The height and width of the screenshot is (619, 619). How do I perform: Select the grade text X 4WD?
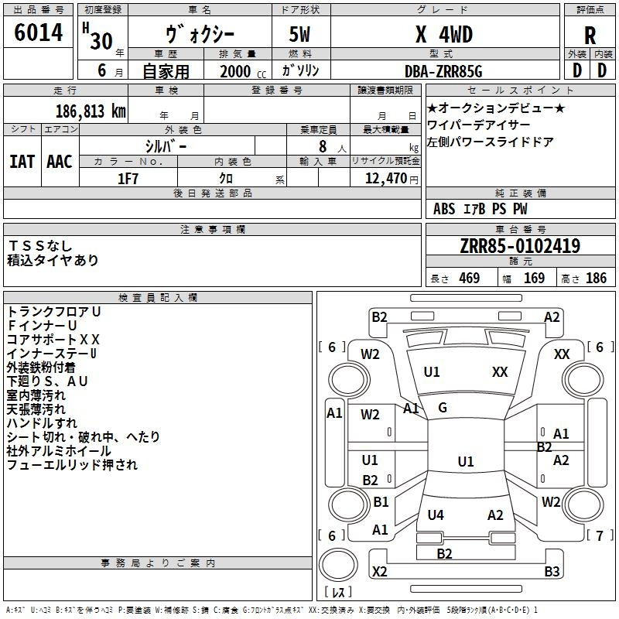click(x=443, y=34)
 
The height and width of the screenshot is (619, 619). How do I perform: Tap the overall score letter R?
click(x=590, y=36)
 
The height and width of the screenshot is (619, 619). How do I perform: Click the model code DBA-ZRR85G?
click(x=443, y=71)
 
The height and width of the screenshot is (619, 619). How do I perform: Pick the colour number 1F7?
click(x=128, y=179)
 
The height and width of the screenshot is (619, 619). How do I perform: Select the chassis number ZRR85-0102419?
click(x=520, y=247)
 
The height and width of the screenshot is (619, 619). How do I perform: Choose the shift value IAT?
click(x=22, y=162)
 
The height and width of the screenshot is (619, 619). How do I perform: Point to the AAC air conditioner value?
click(x=60, y=162)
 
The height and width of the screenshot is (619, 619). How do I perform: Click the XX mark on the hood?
click(x=500, y=372)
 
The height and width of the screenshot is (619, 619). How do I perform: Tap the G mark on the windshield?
click(x=443, y=408)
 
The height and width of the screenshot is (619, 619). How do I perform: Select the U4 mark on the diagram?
click(x=436, y=515)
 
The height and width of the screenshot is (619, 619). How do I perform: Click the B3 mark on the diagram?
click(x=552, y=572)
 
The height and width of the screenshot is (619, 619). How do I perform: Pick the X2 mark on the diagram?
click(x=379, y=572)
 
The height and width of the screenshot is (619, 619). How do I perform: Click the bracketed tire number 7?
click(x=599, y=535)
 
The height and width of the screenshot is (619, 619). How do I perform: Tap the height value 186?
click(x=596, y=279)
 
